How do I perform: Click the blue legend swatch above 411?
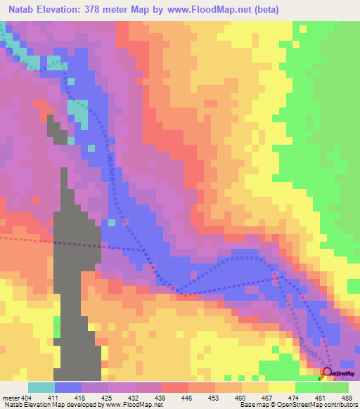[x=67, y=387]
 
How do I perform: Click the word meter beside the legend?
[x=10, y=398]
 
